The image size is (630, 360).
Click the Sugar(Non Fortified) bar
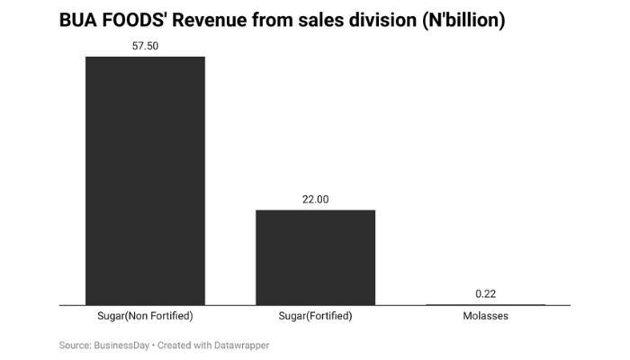(x=145, y=180)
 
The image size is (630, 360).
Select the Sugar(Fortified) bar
(x=315, y=257)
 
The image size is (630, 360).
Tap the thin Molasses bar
(x=485, y=305)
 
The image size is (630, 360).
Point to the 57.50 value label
(x=145, y=44)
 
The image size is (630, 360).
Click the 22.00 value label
(x=315, y=198)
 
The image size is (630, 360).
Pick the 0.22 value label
(x=485, y=293)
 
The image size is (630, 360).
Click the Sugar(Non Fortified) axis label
(x=145, y=317)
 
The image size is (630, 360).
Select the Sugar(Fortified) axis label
(x=315, y=317)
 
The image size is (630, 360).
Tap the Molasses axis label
(x=485, y=317)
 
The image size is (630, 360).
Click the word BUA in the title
(x=78, y=20)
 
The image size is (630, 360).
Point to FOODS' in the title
(x=139, y=20)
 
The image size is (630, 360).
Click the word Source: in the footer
(x=76, y=345)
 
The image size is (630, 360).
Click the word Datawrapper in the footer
(x=238, y=345)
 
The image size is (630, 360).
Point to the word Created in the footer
(x=175, y=345)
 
